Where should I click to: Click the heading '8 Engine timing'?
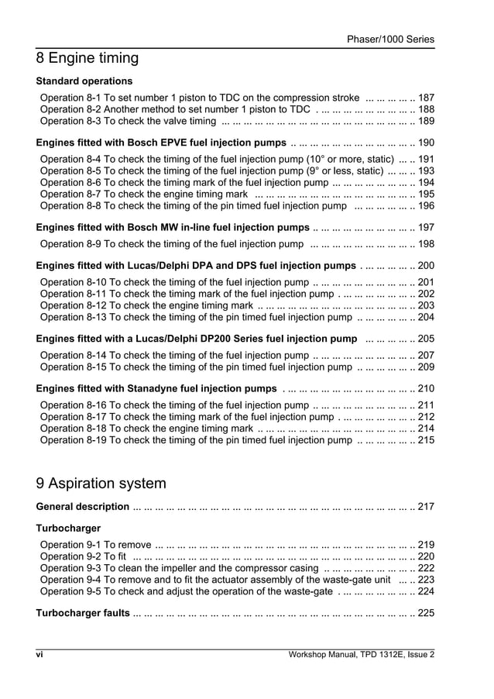(x=87, y=58)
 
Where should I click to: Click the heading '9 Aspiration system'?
(x=101, y=484)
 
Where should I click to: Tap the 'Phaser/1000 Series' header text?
(x=390, y=39)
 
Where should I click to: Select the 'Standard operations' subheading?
(x=84, y=81)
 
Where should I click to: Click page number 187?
(x=426, y=98)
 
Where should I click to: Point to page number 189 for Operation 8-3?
(x=426, y=122)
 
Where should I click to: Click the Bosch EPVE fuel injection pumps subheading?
(x=161, y=143)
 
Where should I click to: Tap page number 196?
(x=426, y=206)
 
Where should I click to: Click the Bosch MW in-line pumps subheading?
(x=173, y=228)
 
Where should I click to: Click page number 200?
(x=426, y=266)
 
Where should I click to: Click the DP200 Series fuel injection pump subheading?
(x=197, y=339)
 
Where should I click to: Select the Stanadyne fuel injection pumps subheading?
(x=156, y=388)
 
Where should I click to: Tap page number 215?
(x=426, y=440)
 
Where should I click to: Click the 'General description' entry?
(x=83, y=507)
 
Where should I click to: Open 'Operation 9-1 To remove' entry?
(x=95, y=544)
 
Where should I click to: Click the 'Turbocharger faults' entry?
(x=83, y=613)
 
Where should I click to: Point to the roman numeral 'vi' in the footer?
(x=39, y=655)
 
